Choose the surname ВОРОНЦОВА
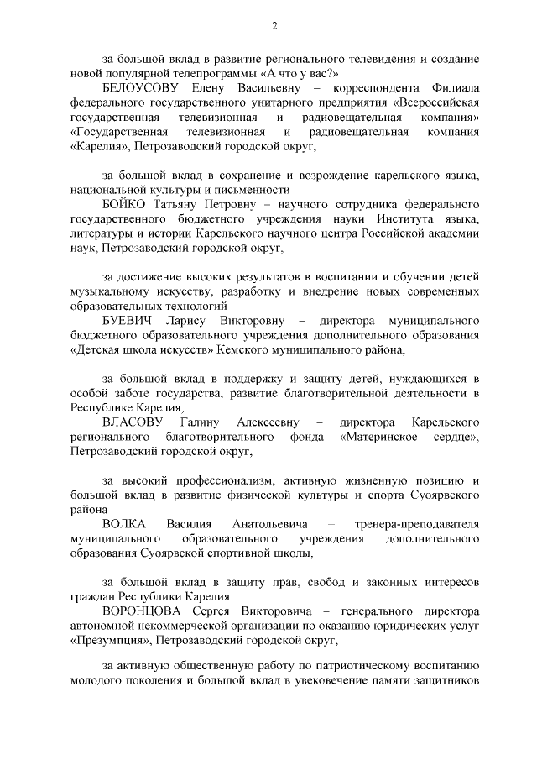pyautogui.click(x=141, y=611)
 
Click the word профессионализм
pyautogui.click(x=221, y=480)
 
